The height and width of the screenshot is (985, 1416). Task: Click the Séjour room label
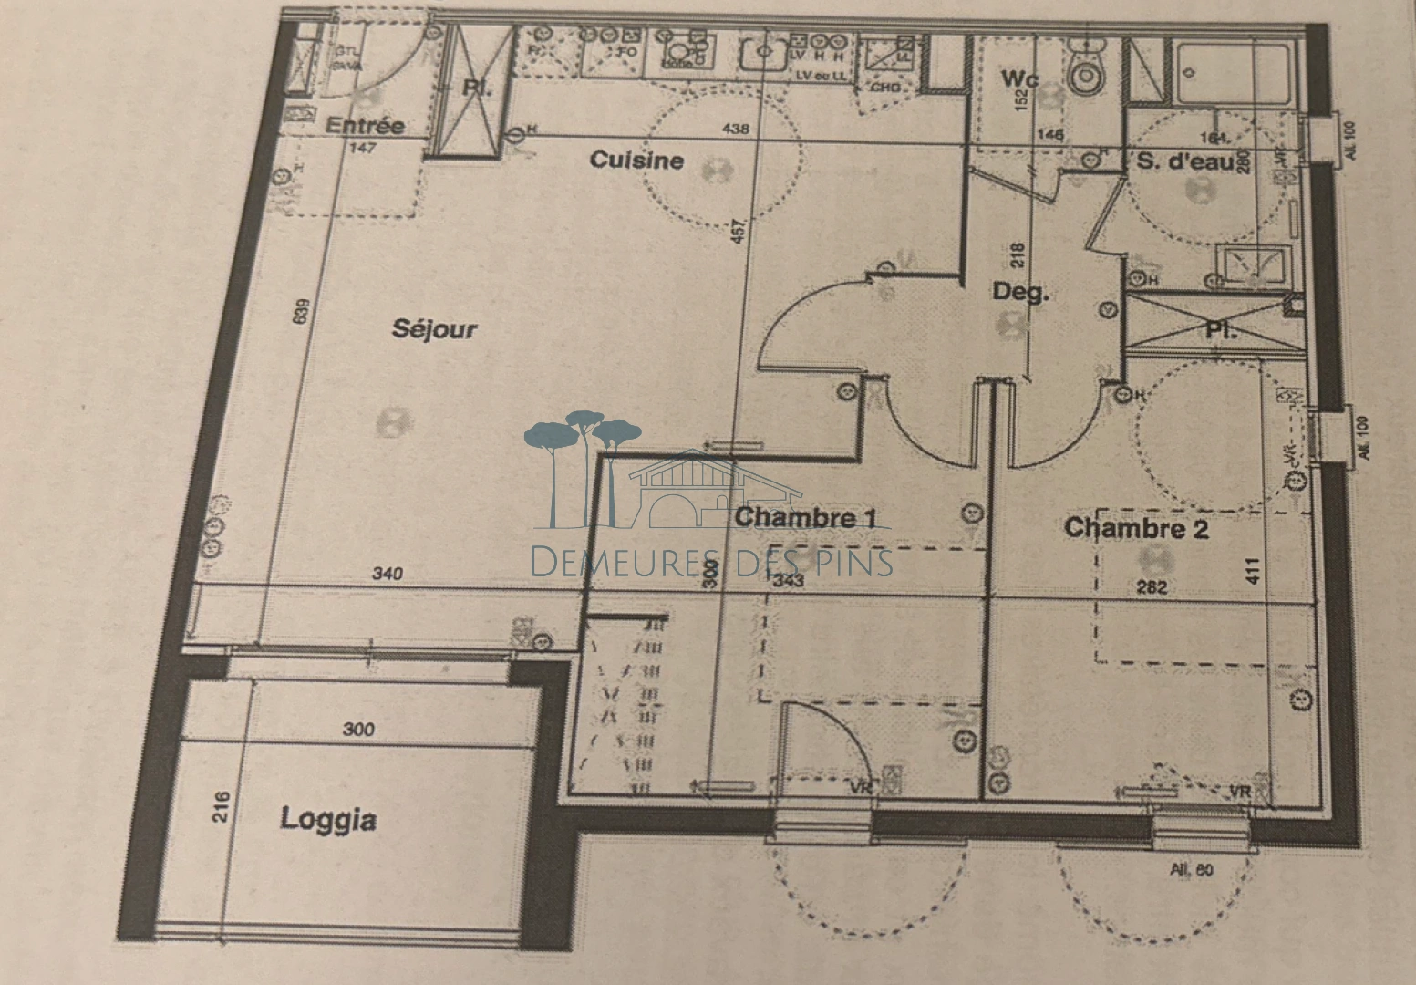pos(434,328)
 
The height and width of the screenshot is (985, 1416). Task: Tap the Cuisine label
pos(636,161)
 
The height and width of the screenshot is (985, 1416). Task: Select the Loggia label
pos(328,819)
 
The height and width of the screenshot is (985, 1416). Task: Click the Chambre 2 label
pos(1136,528)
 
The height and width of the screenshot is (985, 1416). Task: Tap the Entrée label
pos(365,126)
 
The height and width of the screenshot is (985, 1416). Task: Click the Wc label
pos(1019,79)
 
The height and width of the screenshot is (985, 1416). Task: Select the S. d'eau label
pos(1183,162)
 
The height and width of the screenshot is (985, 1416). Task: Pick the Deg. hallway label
pos(1021,293)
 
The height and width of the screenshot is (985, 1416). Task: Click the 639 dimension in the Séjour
pos(303,311)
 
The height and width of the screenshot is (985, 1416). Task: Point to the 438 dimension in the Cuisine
pos(735,129)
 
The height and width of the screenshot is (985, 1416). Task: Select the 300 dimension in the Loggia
pos(358,729)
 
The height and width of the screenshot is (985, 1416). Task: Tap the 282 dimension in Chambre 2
pos(1152,587)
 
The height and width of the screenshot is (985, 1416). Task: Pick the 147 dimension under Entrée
pos(363,148)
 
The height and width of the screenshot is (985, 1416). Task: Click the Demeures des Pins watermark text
pos(711,562)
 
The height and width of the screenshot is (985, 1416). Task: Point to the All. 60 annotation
pos(1192,870)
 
